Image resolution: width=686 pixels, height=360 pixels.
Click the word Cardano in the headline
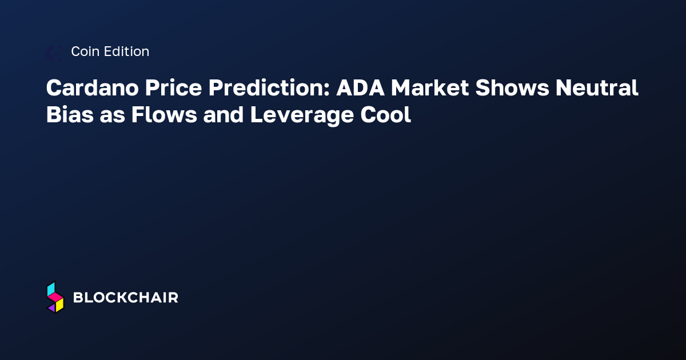[x=92, y=87]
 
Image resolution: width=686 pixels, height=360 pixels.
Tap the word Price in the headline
[x=173, y=87]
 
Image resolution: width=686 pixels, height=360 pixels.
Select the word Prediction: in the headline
[x=269, y=87]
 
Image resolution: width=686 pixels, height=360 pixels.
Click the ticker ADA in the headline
[x=360, y=88]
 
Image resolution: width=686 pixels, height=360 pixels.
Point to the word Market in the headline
[x=430, y=88]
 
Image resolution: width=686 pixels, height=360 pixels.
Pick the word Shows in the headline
[x=512, y=87]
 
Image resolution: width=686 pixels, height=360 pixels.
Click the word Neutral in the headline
[x=597, y=87]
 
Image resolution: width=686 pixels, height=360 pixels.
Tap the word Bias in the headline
[x=70, y=115]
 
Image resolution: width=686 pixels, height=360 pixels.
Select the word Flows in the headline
[x=164, y=115]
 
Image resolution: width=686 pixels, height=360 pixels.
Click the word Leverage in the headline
[x=302, y=117]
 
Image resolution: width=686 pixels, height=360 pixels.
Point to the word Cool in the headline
[x=385, y=115]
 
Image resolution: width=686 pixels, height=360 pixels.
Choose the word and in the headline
[x=224, y=115]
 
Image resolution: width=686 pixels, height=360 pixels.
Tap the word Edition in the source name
[x=126, y=51]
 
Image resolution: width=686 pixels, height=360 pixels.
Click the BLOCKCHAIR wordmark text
[x=126, y=298]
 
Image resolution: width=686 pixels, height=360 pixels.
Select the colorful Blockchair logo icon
[x=55, y=297]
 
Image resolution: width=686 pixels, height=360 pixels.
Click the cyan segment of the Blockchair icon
[x=51, y=289]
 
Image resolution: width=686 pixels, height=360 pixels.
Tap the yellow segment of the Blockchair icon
[x=59, y=305]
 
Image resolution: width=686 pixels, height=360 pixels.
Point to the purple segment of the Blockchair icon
[x=52, y=308]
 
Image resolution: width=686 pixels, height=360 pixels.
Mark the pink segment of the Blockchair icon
[x=55, y=297]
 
